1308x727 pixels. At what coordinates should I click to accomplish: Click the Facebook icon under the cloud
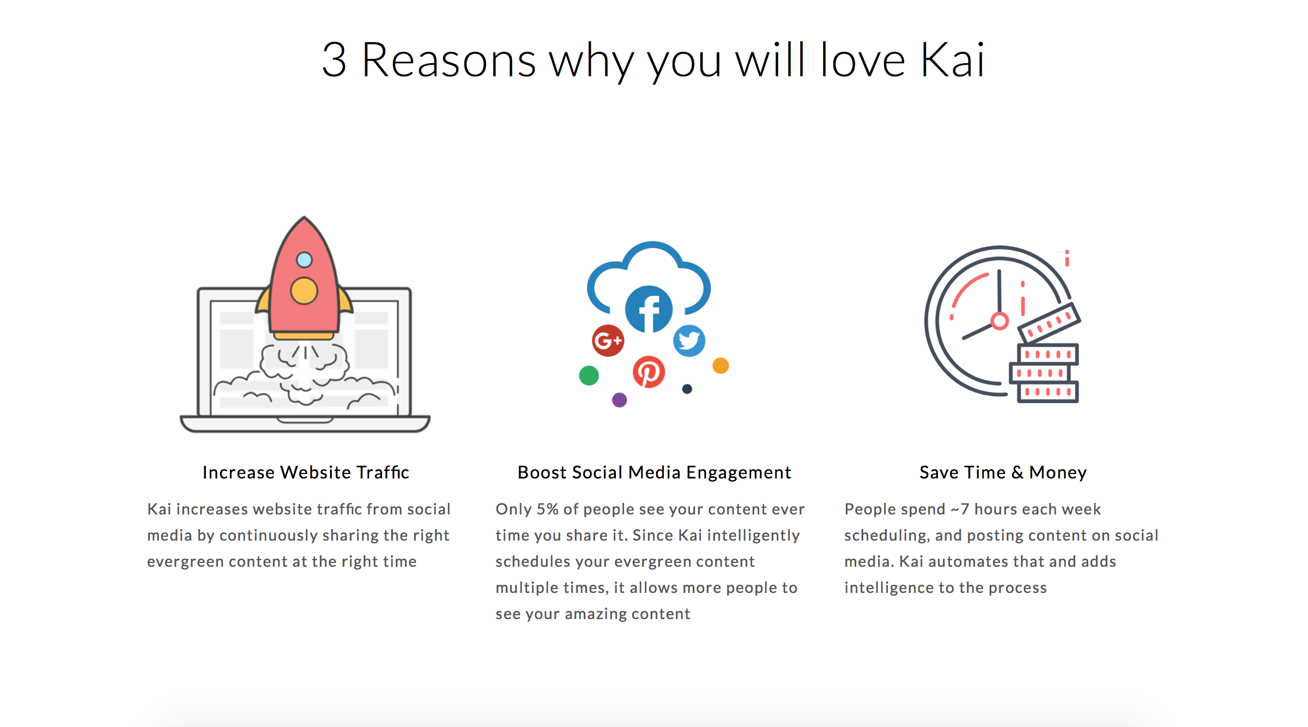click(x=649, y=309)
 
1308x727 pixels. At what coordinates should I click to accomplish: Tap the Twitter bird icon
click(x=689, y=341)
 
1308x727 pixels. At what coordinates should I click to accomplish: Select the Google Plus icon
click(x=608, y=341)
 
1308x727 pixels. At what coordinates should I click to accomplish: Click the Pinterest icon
click(x=649, y=372)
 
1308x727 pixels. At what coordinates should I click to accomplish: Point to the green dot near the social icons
click(x=589, y=375)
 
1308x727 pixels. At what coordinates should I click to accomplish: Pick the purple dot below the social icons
click(x=620, y=400)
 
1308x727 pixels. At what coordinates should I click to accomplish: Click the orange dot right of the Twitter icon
click(x=720, y=366)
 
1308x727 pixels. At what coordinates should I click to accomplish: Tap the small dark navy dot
click(x=687, y=389)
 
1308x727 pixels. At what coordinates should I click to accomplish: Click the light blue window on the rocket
click(x=304, y=260)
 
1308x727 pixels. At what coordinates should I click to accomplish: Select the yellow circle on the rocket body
click(x=304, y=290)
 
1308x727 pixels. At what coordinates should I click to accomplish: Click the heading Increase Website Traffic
click(x=306, y=472)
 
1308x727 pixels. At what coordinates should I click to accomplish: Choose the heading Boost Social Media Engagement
click(x=654, y=472)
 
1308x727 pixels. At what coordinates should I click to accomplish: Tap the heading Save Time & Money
click(x=1003, y=472)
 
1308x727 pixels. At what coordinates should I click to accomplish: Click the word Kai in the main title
click(x=953, y=60)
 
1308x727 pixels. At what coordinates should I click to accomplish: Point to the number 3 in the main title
click(x=334, y=60)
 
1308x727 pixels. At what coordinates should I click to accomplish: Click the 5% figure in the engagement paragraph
click(x=548, y=509)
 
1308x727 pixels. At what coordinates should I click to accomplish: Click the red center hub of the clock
click(x=1000, y=321)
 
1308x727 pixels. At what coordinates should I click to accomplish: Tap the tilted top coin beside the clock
click(x=1050, y=323)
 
